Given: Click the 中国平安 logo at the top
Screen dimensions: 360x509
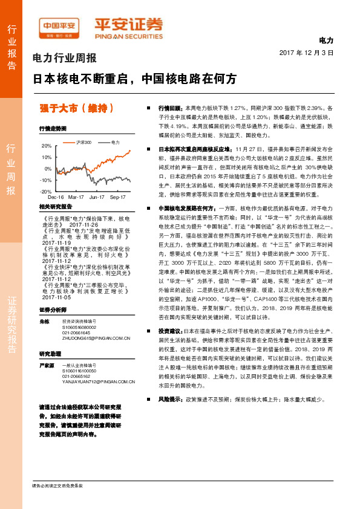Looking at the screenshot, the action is (x=60, y=25).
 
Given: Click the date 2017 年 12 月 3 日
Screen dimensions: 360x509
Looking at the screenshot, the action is (x=307, y=53).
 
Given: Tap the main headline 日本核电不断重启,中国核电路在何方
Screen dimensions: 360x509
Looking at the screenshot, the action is (x=134, y=79).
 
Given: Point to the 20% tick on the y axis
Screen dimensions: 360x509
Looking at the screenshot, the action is (x=47, y=146).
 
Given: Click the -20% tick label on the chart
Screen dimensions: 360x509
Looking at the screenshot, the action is (x=46, y=191).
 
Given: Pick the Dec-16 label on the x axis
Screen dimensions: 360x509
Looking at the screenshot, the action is (x=56, y=197).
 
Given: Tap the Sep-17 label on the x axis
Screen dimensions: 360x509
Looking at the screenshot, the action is (x=117, y=197).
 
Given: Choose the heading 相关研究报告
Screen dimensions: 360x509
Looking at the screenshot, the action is (x=55, y=207).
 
